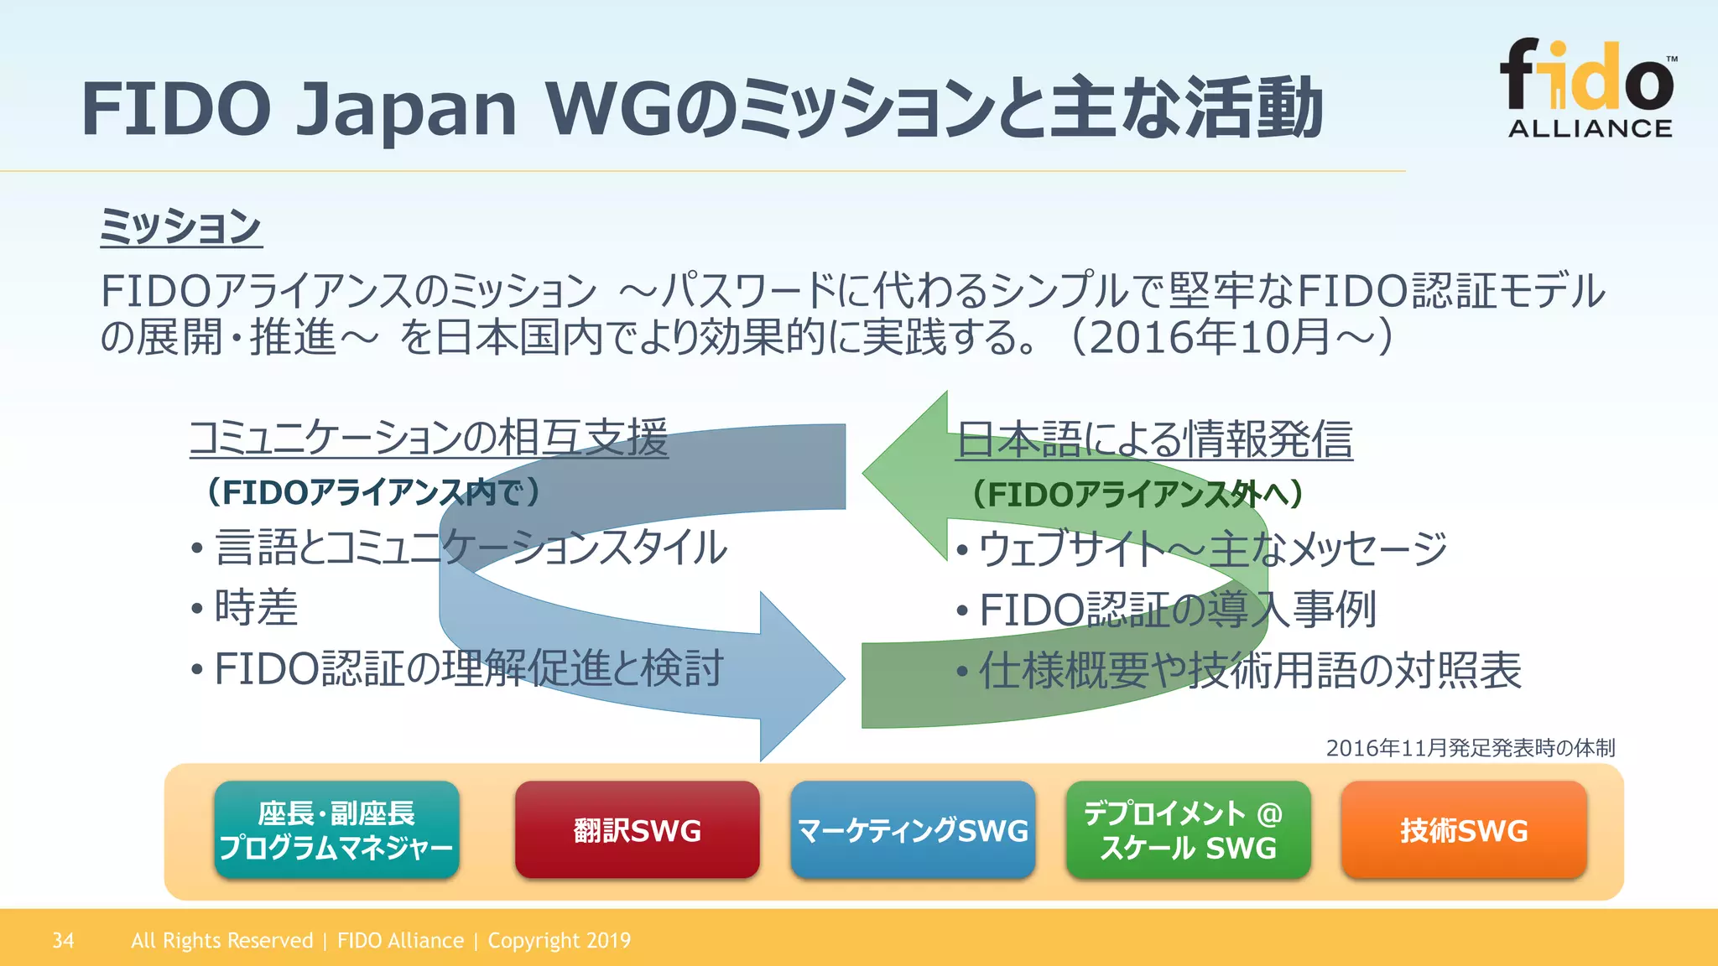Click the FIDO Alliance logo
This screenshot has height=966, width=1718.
pos(1588,88)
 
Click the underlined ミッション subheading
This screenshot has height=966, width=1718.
pos(181,226)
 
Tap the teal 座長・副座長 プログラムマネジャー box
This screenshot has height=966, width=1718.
pos(336,830)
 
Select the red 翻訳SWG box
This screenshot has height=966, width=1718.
pos(637,830)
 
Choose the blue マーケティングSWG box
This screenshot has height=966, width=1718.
pos(912,830)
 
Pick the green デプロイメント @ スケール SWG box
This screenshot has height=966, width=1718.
pos(1188,830)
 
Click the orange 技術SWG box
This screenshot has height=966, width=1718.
pos(1464,830)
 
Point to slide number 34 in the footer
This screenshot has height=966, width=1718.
pos(63,941)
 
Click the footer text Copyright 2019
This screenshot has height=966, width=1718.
pos(559,941)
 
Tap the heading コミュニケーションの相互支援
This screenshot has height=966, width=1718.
pos(429,438)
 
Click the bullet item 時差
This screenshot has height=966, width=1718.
pos(256,608)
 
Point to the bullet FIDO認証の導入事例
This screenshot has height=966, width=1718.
pos(1177,610)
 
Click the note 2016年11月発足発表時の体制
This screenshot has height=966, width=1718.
pos(1470,747)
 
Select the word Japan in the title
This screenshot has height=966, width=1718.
pos(407,109)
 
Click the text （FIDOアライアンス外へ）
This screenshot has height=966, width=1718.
pos(1138,494)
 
